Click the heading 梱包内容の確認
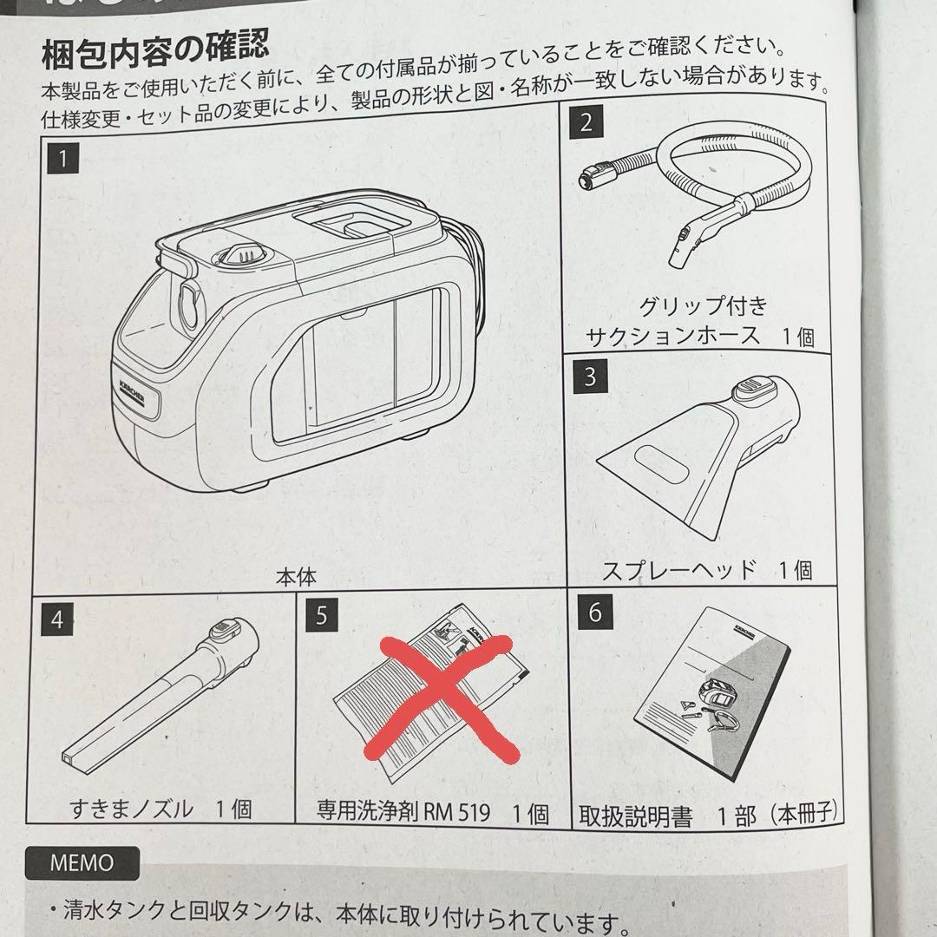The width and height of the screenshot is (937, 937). [x=156, y=53]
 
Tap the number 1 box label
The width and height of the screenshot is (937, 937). [x=63, y=160]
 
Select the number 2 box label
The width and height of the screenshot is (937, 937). [x=586, y=121]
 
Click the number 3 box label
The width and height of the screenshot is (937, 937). [x=590, y=377]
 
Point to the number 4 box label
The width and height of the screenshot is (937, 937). [x=57, y=619]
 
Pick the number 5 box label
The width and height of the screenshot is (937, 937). [x=322, y=616]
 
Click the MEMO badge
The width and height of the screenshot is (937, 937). [x=82, y=863]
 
